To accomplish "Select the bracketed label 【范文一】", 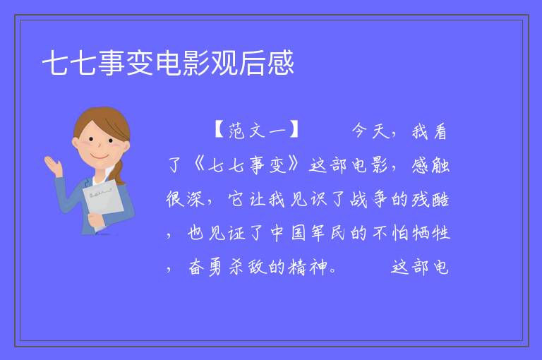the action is click(257, 130).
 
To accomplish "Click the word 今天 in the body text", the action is click(371, 131).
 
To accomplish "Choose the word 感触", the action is click(430, 165).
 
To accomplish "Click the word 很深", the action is click(186, 199).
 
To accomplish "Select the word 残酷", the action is click(430, 200).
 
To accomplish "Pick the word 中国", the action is click(288, 233).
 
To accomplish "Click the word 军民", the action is click(328, 233).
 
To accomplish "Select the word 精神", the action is click(308, 267).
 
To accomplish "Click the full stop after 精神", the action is click(333, 271).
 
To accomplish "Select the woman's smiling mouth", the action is click(100, 156).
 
